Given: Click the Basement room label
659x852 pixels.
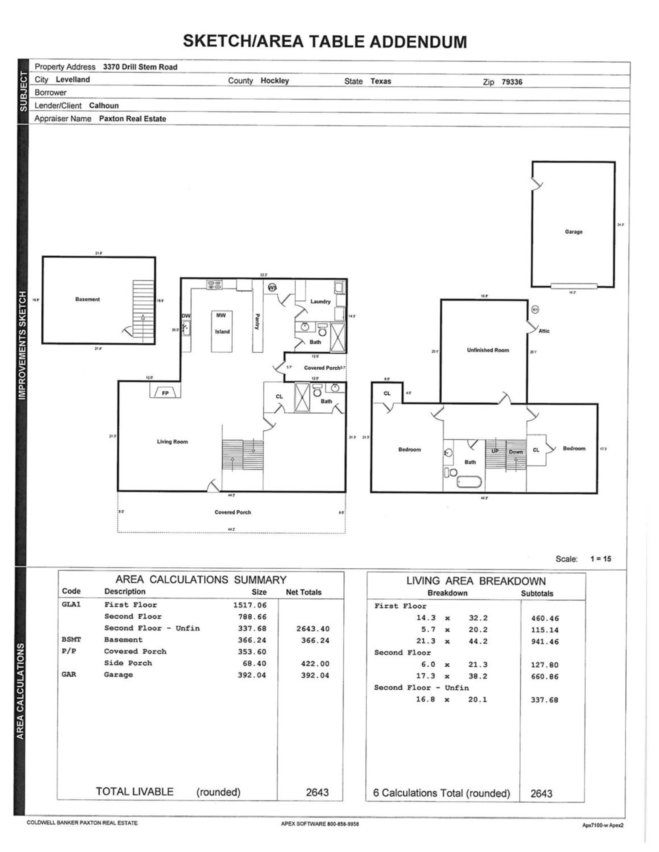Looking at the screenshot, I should [87, 299].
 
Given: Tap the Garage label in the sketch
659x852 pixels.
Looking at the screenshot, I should [573, 232].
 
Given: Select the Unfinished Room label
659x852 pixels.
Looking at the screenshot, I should [488, 350].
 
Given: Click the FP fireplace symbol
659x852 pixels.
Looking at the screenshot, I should [165, 393].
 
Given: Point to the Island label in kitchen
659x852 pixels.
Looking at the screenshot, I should [222, 331].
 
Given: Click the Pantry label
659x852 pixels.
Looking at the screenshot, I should [257, 322].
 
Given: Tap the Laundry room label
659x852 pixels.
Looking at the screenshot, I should [320, 301].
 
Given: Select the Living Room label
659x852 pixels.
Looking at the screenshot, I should [172, 442].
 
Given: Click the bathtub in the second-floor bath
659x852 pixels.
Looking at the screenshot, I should [469, 482].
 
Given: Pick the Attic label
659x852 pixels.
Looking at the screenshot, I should [544, 331].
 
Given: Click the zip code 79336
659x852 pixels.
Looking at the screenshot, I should [512, 82].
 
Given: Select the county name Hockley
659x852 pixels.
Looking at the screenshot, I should [275, 81].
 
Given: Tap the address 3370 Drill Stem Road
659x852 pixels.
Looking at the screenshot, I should [140, 67].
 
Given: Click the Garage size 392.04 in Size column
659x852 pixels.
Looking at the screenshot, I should [252, 675].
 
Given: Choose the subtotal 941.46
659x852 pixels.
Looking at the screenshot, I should [544, 642].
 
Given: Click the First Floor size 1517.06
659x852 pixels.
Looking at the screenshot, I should [250, 605].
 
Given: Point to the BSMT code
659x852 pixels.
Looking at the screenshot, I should [71, 639].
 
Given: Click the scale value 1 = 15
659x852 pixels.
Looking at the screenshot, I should [601, 558].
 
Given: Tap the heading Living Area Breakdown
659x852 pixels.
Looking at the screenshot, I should [475, 581].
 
